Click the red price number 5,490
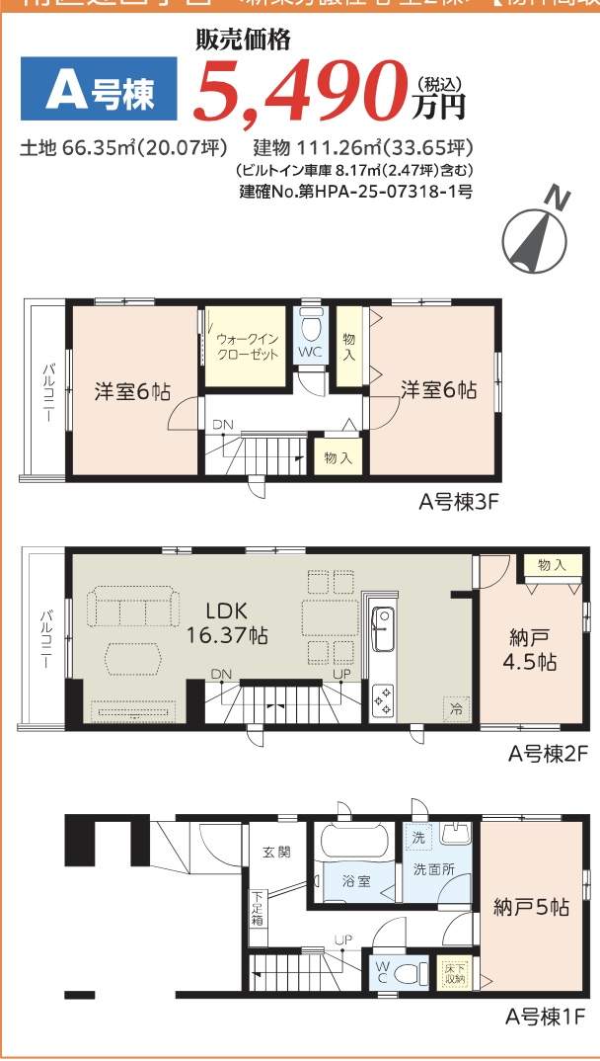(x=301, y=91)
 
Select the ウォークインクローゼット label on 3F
(x=247, y=347)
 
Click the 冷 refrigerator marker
(x=456, y=708)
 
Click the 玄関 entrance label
(x=276, y=852)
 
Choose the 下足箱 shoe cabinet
(x=257, y=908)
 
